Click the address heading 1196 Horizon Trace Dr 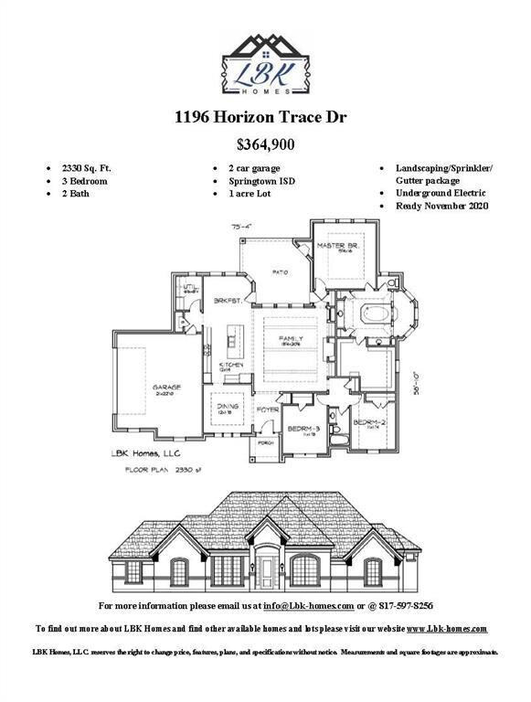(x=265, y=117)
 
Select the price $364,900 (x=265, y=144)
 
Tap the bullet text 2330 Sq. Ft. (x=87, y=169)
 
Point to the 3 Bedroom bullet (x=85, y=182)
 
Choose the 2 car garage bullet (x=254, y=169)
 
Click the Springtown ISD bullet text (x=261, y=182)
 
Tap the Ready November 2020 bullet (x=442, y=207)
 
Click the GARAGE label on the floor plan (x=166, y=388)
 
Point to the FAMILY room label (x=291, y=338)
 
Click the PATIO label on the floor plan (x=279, y=271)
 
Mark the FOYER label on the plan (x=267, y=409)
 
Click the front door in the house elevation (x=267, y=571)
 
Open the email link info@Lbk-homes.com (x=308, y=606)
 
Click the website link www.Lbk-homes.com (x=446, y=629)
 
